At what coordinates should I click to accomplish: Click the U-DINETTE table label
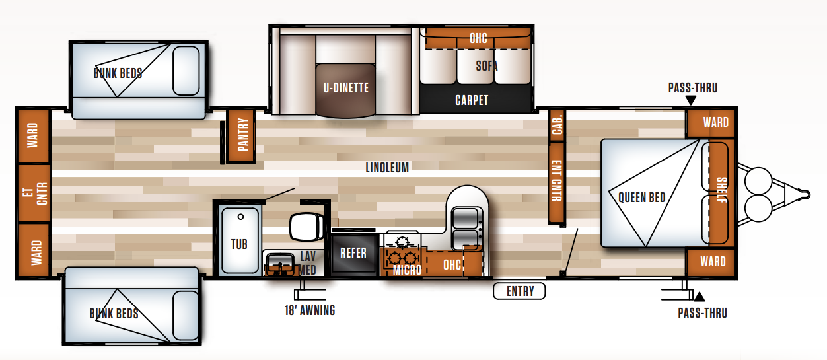346,88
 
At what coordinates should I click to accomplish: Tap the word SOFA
487,66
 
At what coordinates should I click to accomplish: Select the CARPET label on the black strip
472,100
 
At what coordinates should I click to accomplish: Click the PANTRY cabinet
242,135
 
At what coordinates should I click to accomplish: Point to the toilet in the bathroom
307,227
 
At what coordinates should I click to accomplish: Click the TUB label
239,244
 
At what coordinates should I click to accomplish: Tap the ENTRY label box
519,291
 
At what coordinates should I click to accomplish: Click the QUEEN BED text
641,197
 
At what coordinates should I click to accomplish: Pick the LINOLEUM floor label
387,168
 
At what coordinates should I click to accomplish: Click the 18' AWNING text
310,310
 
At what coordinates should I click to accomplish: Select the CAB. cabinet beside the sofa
557,125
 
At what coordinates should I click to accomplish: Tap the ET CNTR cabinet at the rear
34,194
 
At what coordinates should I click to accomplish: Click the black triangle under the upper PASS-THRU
691,100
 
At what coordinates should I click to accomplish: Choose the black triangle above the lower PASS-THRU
700,297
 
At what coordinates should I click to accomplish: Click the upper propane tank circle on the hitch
758,181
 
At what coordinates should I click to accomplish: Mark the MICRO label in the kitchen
407,270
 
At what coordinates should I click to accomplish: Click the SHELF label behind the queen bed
722,190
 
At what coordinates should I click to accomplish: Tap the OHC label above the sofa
478,38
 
